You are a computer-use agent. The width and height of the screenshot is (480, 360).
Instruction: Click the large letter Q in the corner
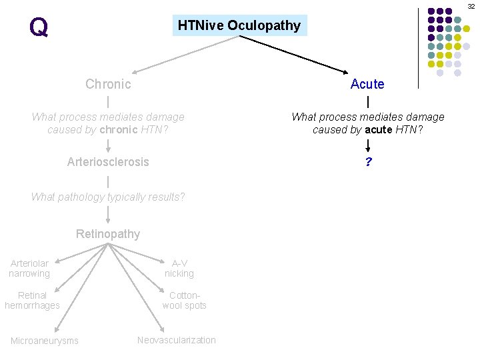pyautogui.click(x=39, y=27)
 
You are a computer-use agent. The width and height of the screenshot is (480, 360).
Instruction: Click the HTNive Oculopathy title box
pyautogui.click(x=239, y=26)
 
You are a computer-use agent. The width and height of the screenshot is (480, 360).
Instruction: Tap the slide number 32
pyautogui.click(x=471, y=5)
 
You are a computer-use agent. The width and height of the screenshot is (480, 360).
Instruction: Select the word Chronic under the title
pyautogui.click(x=108, y=84)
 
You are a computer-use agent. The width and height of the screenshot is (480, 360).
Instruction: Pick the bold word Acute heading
pyautogui.click(x=367, y=84)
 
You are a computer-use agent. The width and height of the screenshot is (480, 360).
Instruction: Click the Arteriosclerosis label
pyautogui.click(x=108, y=162)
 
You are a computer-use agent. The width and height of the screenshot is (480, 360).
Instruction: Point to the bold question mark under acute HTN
pyautogui.click(x=367, y=162)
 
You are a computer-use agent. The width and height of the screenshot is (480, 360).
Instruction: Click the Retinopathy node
pyautogui.click(x=108, y=234)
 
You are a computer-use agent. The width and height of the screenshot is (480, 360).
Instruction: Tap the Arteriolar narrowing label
pyautogui.click(x=29, y=269)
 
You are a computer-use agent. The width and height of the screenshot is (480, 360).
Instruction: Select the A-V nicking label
pyautogui.click(x=179, y=269)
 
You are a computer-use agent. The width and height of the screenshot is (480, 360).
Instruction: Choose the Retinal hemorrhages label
pyautogui.click(x=32, y=300)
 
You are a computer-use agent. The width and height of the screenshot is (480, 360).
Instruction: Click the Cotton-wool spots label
pyautogui.click(x=184, y=300)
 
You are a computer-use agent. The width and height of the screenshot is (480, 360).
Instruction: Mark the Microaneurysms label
pyautogui.click(x=44, y=341)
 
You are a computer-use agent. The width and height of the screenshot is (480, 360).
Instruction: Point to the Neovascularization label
pyautogui.click(x=177, y=340)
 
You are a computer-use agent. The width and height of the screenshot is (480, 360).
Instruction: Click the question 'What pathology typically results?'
pyautogui.click(x=108, y=197)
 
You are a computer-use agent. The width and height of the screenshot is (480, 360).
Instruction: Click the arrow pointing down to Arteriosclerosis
pyautogui.click(x=108, y=145)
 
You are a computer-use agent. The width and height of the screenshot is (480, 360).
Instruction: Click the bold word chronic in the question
pyautogui.click(x=119, y=129)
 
